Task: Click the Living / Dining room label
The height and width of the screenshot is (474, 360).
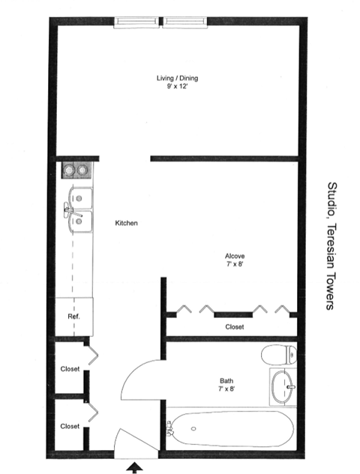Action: click(177, 78)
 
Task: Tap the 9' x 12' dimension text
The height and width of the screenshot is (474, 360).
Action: click(177, 87)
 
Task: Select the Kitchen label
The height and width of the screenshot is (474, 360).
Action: click(125, 223)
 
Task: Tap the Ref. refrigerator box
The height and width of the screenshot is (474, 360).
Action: click(73, 316)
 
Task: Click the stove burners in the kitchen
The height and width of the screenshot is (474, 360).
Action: click(74, 171)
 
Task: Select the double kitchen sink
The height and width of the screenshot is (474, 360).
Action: click(77, 209)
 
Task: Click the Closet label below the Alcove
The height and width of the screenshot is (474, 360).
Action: click(234, 327)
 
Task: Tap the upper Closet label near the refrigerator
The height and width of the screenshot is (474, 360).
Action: click(70, 368)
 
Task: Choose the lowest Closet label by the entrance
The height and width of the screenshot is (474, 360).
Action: click(70, 425)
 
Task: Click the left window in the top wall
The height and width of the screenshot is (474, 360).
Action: click(138, 22)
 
